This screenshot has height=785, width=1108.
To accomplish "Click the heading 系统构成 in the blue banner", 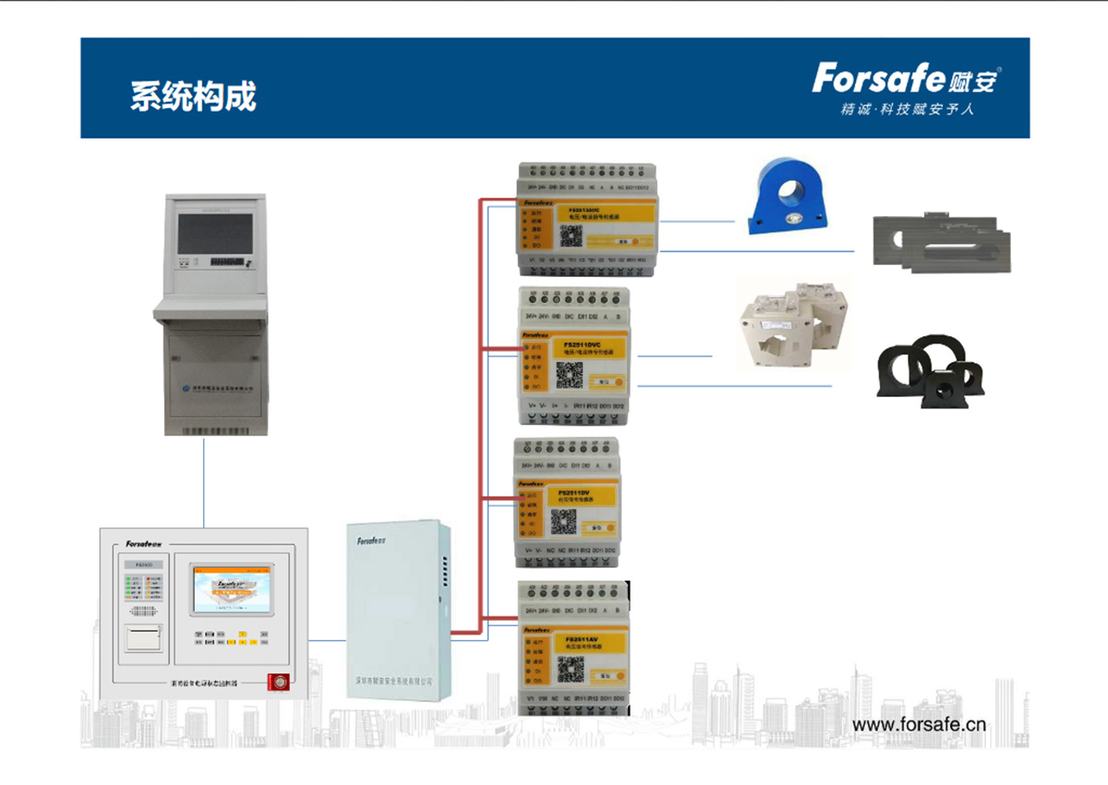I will click(x=193, y=96).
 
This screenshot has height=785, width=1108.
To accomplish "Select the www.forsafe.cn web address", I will click(x=919, y=724).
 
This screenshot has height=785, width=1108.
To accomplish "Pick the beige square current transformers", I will click(x=789, y=323).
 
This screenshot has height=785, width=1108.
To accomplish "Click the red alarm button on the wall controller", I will click(x=275, y=682).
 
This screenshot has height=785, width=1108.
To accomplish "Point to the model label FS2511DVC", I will click(x=583, y=344).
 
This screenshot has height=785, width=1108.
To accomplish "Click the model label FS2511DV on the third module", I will click(x=573, y=494).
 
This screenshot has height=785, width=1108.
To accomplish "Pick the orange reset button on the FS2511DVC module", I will click(x=604, y=380).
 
